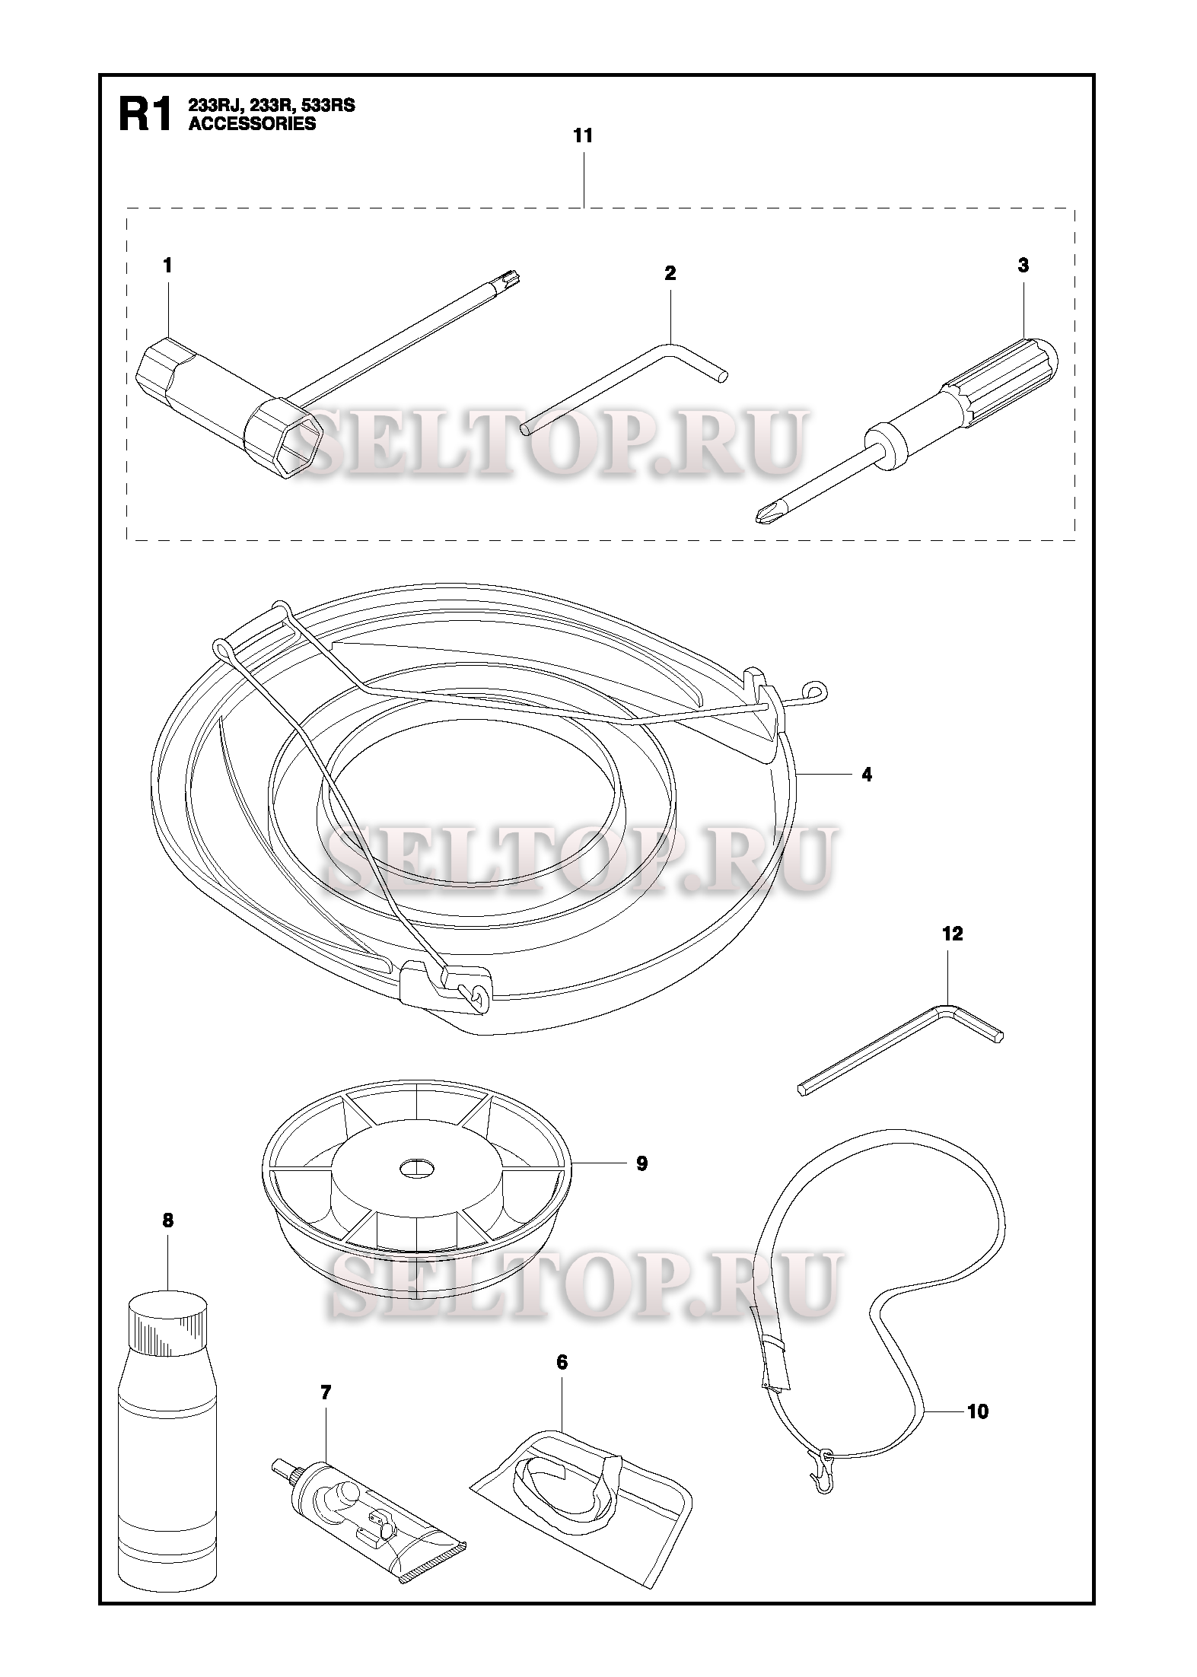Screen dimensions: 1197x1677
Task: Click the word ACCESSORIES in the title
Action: [x=252, y=124]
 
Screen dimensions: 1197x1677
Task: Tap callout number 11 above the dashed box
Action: [x=583, y=136]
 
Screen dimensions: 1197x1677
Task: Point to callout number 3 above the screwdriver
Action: [x=1023, y=266]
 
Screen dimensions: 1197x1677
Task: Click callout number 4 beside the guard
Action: [x=867, y=775]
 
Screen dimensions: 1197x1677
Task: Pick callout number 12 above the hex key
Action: [x=952, y=934]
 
